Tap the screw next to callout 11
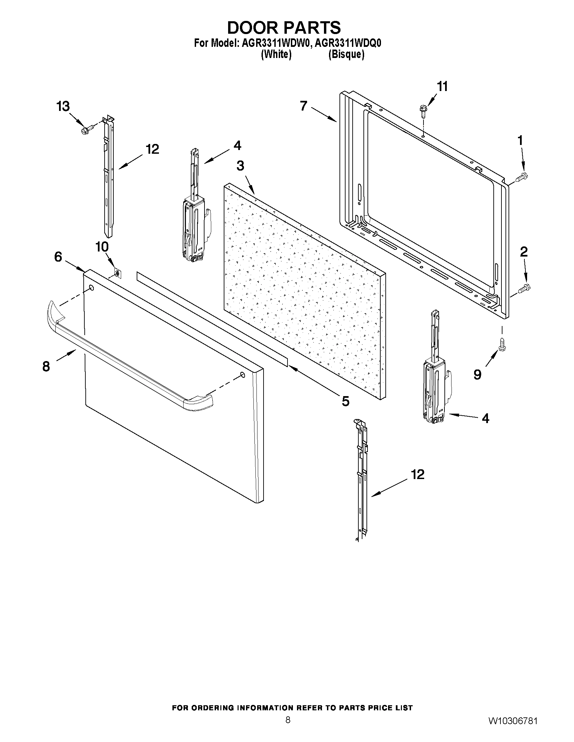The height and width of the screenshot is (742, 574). click(x=422, y=111)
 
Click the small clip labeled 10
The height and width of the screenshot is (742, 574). click(x=118, y=273)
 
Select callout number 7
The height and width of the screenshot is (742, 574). click(x=304, y=106)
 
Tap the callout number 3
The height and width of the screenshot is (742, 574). click(x=240, y=166)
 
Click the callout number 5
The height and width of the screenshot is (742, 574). click(x=345, y=402)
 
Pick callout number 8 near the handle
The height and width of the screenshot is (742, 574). click(x=46, y=366)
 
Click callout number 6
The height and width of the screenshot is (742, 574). click(x=58, y=257)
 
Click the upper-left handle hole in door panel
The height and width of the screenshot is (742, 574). click(x=91, y=288)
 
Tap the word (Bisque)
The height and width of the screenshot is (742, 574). click(x=346, y=54)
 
